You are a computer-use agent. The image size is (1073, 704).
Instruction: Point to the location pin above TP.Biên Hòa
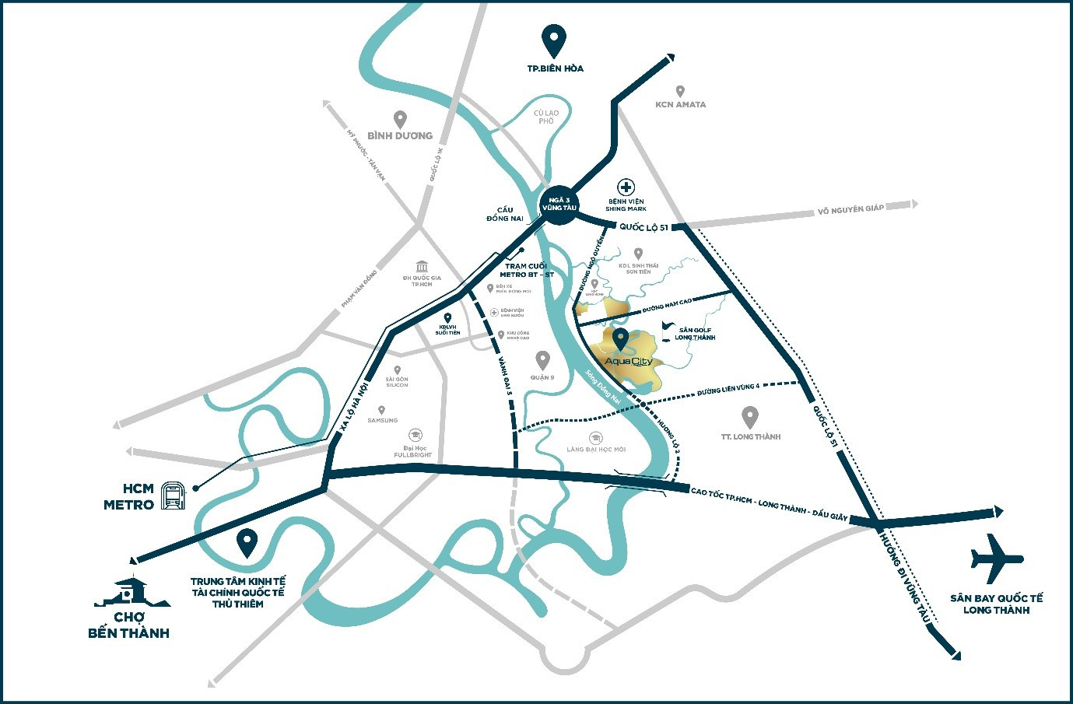tap(553, 40)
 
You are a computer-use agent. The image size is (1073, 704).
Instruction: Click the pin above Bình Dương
tap(400, 119)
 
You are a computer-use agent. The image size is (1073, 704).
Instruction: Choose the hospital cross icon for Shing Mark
tap(626, 187)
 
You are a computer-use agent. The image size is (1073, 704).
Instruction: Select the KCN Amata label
tap(680, 104)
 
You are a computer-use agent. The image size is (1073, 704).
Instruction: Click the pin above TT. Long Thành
tap(750, 416)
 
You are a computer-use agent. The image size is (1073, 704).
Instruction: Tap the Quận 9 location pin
tap(542, 359)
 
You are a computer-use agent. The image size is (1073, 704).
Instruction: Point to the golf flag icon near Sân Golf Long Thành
tap(666, 327)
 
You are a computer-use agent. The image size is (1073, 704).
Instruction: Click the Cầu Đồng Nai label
tap(505, 214)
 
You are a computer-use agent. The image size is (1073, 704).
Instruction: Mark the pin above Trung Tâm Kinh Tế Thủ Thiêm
tap(247, 542)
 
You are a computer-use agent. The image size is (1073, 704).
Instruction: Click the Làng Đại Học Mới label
tap(596, 450)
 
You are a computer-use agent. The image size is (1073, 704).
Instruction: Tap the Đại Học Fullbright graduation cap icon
tap(416, 436)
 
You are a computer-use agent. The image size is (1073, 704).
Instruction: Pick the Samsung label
tap(382, 421)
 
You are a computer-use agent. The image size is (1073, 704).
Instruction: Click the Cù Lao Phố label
tap(546, 117)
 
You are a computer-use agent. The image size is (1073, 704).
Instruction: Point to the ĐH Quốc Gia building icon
tap(423, 266)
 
